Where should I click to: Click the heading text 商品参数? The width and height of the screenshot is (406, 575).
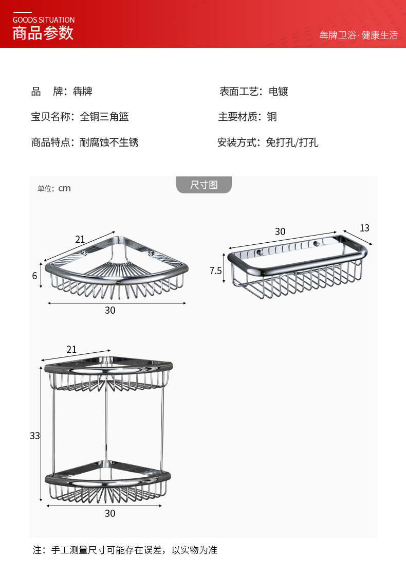tap(43, 33)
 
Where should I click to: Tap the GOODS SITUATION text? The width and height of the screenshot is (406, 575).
tap(44, 20)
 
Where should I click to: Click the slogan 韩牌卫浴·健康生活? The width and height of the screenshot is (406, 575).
tap(359, 35)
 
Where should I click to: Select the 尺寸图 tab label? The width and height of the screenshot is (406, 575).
tap(204, 185)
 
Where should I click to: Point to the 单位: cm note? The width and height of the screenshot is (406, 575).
tap(54, 188)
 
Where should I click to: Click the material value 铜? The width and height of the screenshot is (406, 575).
tap(272, 117)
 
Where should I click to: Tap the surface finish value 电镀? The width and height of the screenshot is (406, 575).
tap(279, 92)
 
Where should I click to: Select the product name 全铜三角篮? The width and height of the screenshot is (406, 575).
tap(104, 117)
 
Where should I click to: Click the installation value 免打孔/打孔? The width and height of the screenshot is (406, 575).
tap(292, 142)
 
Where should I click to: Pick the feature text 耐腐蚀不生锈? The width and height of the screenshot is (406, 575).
tap(109, 142)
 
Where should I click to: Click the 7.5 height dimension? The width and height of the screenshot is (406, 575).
tap(216, 271)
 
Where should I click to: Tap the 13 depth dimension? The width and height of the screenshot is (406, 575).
tap(364, 228)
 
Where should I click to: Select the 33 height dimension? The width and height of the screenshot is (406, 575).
tap(34, 436)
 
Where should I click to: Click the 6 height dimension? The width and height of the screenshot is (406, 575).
tap(35, 276)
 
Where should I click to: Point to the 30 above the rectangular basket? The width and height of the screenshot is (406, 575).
tap(280, 231)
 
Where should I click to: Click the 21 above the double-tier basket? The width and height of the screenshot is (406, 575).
tap(71, 349)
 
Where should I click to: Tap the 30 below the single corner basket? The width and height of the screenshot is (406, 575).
tap(110, 310)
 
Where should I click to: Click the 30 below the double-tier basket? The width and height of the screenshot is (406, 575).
tap(110, 513)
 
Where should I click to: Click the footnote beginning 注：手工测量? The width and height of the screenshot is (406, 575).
tap(125, 550)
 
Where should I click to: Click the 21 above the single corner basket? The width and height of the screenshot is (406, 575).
tap(80, 239)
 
